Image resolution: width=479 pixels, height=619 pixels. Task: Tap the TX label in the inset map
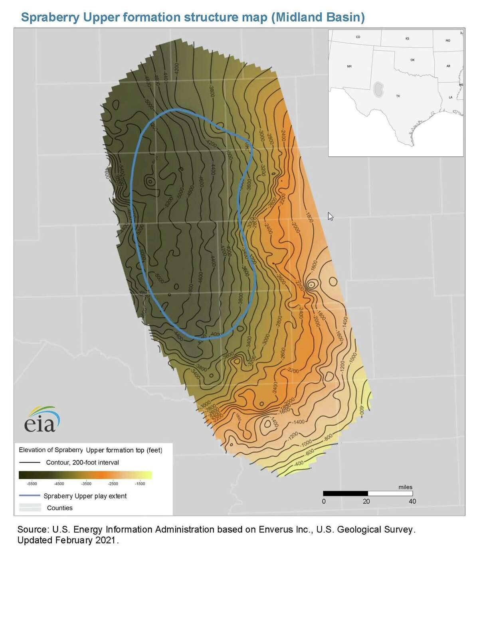[x=398, y=96]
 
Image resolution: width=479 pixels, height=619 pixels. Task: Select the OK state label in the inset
[x=412, y=60]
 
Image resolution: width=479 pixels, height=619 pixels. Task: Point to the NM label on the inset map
[x=349, y=66]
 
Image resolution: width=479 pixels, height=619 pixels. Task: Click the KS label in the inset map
[x=407, y=39]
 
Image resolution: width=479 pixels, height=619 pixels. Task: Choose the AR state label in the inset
[x=448, y=66]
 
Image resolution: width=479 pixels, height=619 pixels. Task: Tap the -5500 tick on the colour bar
[x=32, y=484]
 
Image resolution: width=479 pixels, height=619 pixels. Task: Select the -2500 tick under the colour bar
[x=113, y=484]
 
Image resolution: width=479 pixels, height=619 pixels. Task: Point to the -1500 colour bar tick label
[x=140, y=484]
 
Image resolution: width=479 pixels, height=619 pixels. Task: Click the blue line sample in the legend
[x=30, y=496]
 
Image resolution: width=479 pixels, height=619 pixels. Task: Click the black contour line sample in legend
[x=30, y=463]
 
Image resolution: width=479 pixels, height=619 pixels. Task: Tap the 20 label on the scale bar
[x=366, y=501]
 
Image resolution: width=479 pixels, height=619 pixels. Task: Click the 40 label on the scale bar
[x=412, y=501]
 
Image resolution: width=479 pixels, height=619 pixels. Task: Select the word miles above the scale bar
[x=405, y=487]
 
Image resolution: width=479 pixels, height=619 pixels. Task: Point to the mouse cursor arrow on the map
[x=330, y=216]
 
